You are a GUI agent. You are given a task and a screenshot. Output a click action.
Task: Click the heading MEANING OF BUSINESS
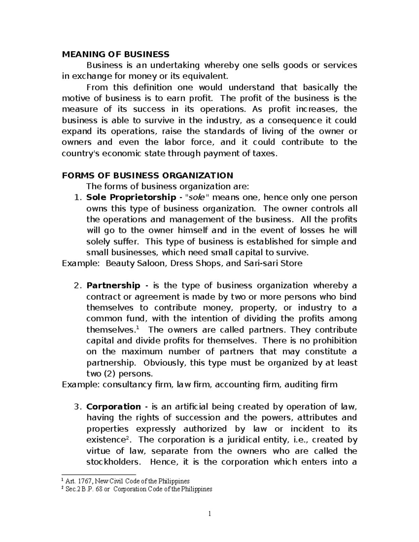click(x=115, y=54)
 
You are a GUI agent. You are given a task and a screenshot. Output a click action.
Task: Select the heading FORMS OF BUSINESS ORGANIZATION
click(x=147, y=175)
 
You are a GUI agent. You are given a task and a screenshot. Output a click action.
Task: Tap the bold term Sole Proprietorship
click(x=131, y=197)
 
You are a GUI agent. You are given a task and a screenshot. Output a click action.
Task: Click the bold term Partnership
click(x=113, y=285)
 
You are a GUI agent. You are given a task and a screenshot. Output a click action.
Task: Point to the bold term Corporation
click(x=113, y=407)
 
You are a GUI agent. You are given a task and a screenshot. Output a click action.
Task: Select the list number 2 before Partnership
click(x=77, y=285)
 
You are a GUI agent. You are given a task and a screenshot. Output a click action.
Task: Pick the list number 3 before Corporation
click(x=77, y=407)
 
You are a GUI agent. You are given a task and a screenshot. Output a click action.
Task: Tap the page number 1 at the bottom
click(x=209, y=514)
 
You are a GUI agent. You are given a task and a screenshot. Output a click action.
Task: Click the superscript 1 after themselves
click(x=137, y=328)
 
